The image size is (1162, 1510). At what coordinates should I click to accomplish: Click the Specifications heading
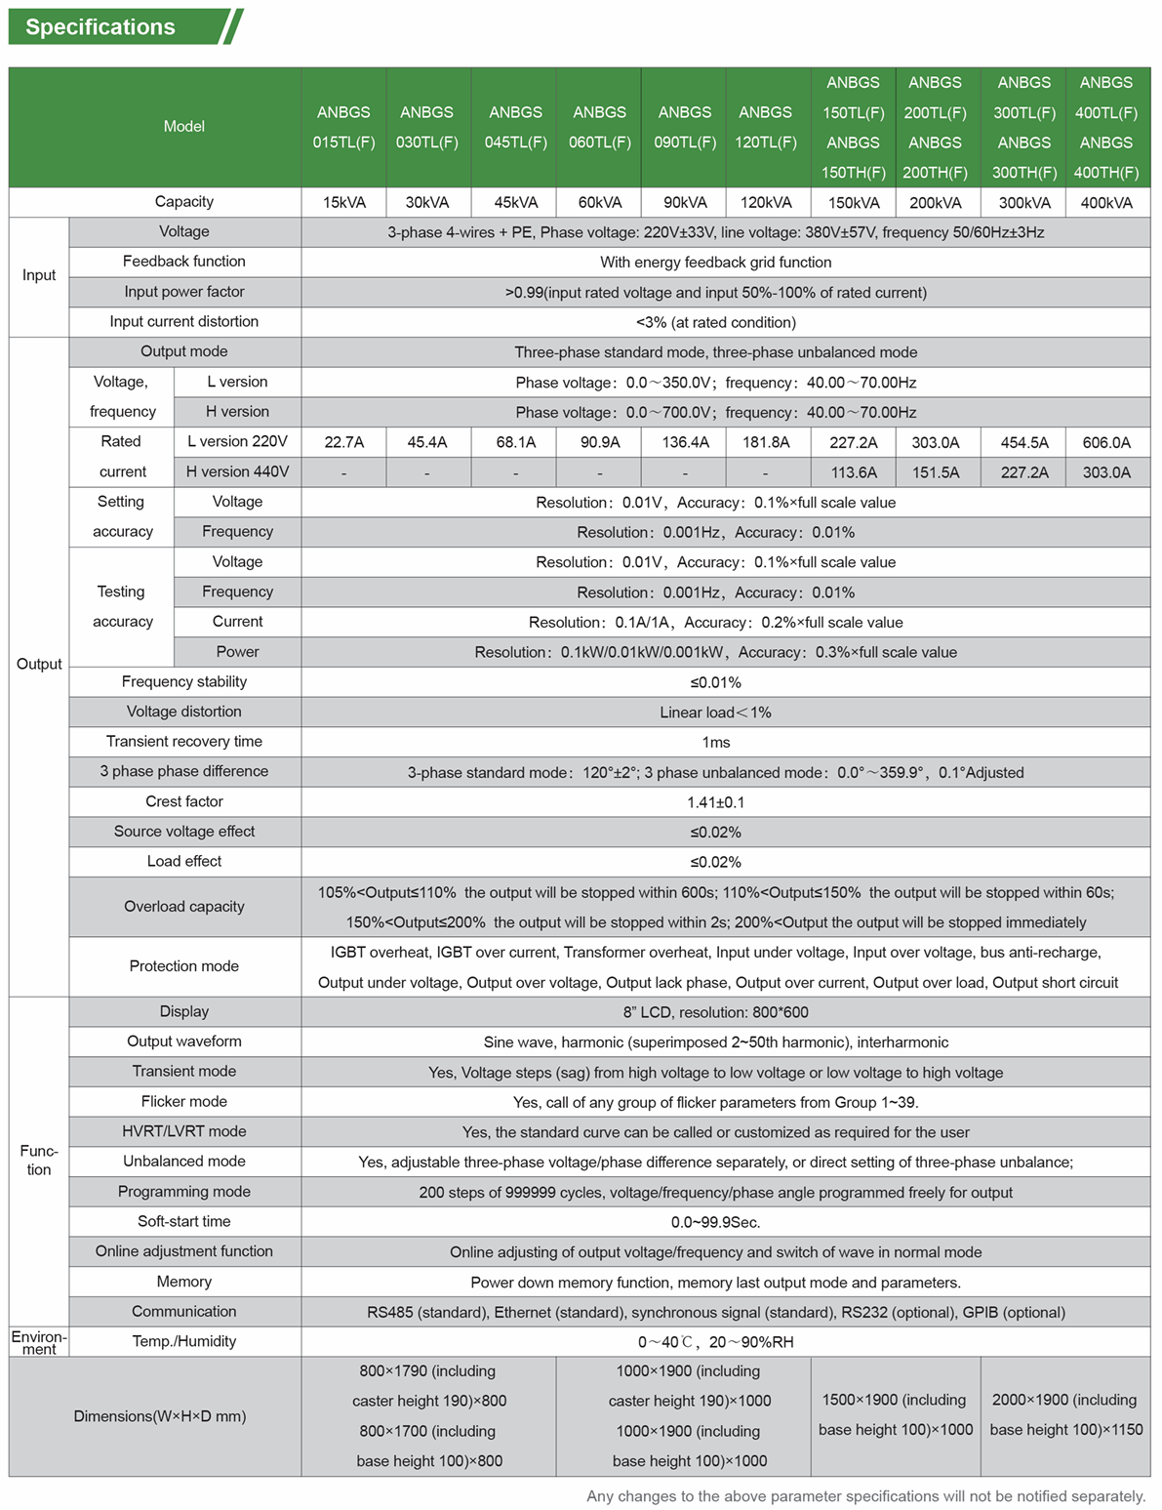click(x=100, y=27)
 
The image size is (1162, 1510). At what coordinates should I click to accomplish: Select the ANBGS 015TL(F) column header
click(x=343, y=127)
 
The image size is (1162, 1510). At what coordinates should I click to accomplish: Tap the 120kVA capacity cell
click(x=766, y=203)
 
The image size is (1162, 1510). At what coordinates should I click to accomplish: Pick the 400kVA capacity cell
click(x=1106, y=203)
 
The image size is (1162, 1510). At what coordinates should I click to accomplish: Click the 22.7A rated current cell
click(x=343, y=442)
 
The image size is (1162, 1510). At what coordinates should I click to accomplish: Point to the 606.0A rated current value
click(x=1106, y=442)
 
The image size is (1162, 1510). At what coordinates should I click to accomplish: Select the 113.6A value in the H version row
click(x=853, y=472)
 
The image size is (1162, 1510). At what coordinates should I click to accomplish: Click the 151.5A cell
click(x=935, y=472)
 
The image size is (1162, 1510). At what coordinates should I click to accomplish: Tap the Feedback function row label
click(x=183, y=262)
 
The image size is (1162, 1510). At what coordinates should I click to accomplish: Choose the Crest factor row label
click(x=183, y=801)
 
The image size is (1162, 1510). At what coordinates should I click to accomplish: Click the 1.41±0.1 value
click(x=715, y=802)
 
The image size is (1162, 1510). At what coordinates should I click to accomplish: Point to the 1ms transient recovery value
click(x=715, y=743)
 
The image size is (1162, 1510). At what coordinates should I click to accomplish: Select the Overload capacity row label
click(x=183, y=907)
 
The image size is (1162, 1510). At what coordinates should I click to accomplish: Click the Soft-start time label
click(x=183, y=1222)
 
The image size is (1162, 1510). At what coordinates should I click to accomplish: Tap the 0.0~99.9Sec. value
click(x=715, y=1223)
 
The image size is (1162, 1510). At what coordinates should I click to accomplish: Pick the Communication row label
click(x=183, y=1312)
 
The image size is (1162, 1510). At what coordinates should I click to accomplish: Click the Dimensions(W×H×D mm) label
click(x=159, y=1416)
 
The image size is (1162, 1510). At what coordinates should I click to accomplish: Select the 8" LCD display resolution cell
click(x=715, y=1012)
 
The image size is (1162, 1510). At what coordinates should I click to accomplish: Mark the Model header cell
click(x=183, y=127)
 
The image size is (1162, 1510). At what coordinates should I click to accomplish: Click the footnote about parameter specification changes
click(x=865, y=1496)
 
